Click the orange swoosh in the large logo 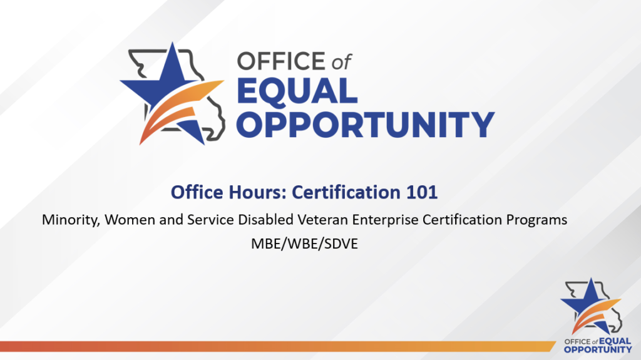point(188,106)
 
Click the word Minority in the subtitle point(66,221)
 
